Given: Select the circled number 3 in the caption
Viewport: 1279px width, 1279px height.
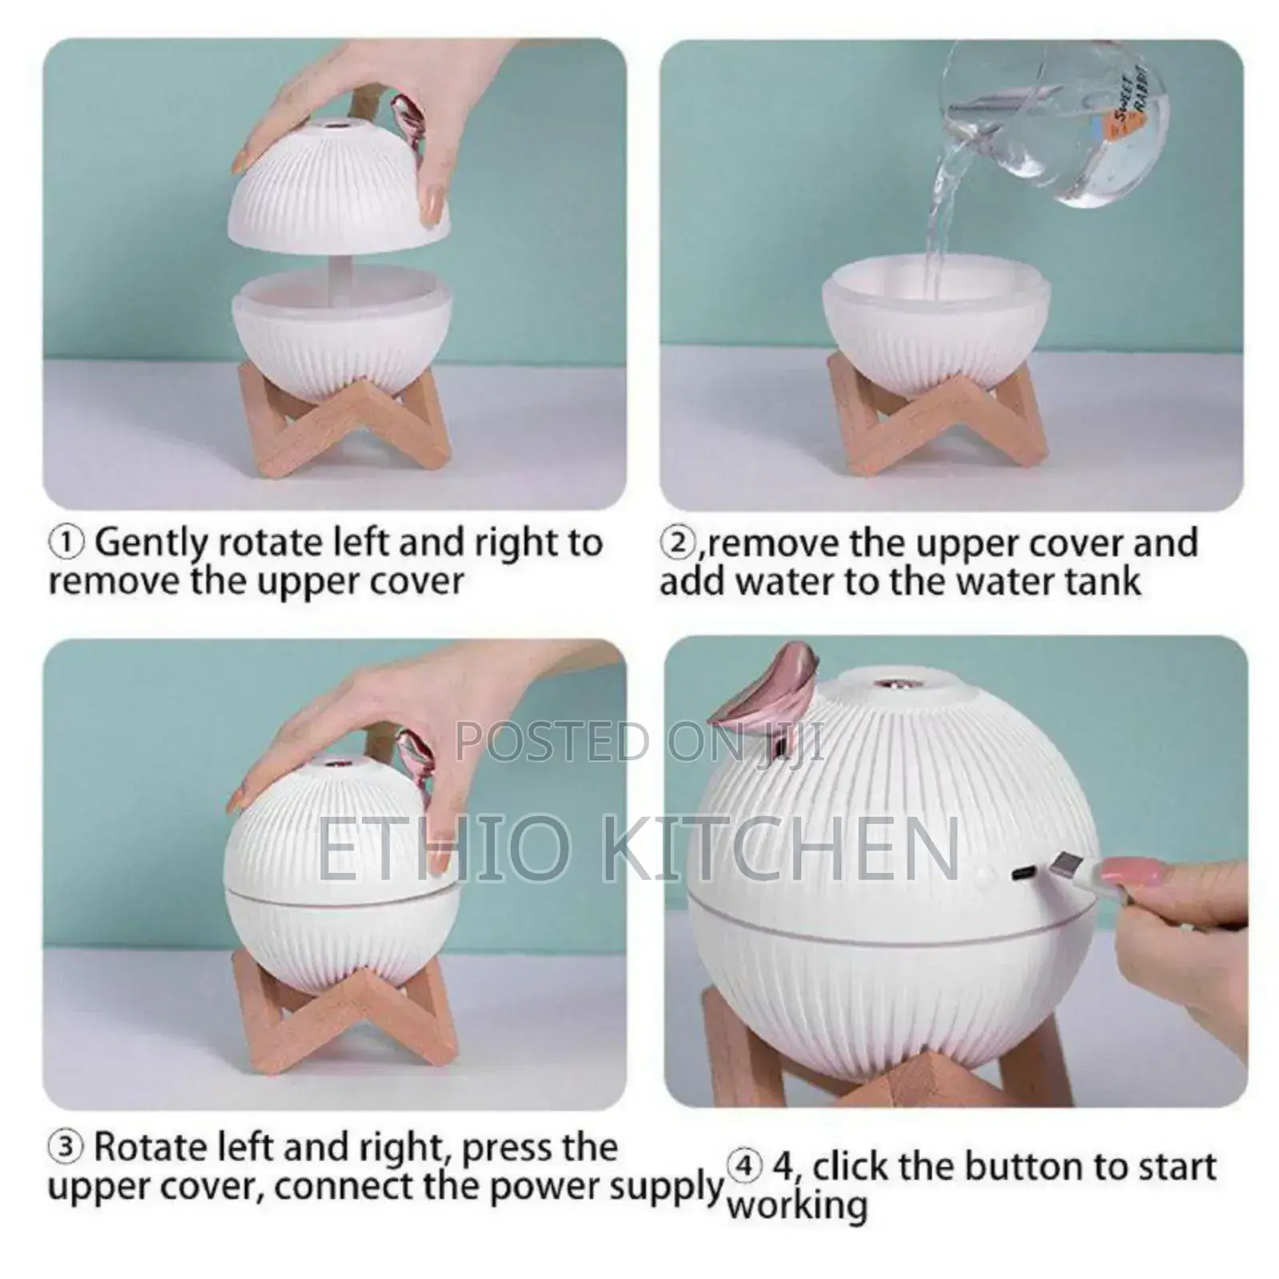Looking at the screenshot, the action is (x=66, y=1148).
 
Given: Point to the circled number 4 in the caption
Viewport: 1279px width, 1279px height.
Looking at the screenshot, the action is (x=743, y=1168).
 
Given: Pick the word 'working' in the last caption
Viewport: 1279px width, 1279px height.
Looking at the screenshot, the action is (x=796, y=1207).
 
